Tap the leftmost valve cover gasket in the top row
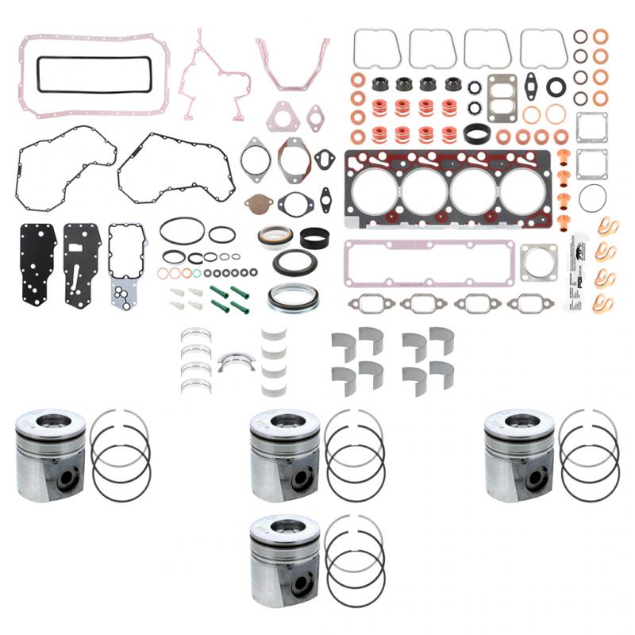pyautogui.click(x=376, y=49)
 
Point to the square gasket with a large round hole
pyautogui.click(x=538, y=261)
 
